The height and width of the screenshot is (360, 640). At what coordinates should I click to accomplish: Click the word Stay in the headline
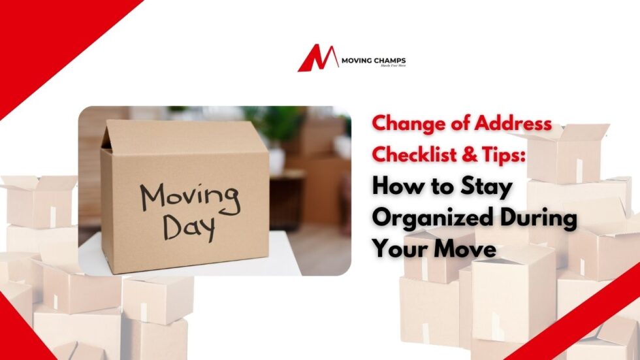click(485, 188)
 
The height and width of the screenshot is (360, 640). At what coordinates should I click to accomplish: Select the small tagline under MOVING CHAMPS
click(393, 67)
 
